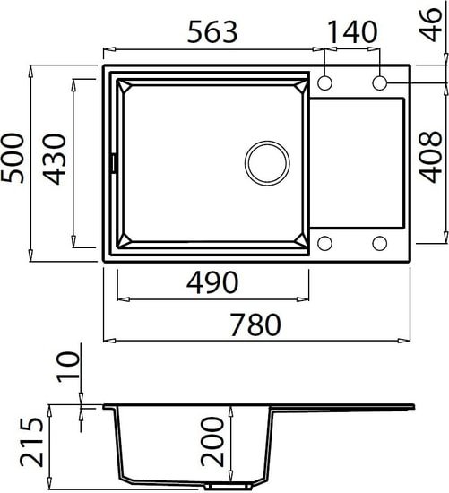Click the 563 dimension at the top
click(x=212, y=33)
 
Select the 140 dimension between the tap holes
click(x=352, y=33)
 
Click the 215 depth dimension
click(x=32, y=444)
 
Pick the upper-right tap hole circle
click(x=380, y=83)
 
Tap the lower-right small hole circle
click(x=380, y=243)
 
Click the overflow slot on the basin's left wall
click(x=113, y=163)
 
